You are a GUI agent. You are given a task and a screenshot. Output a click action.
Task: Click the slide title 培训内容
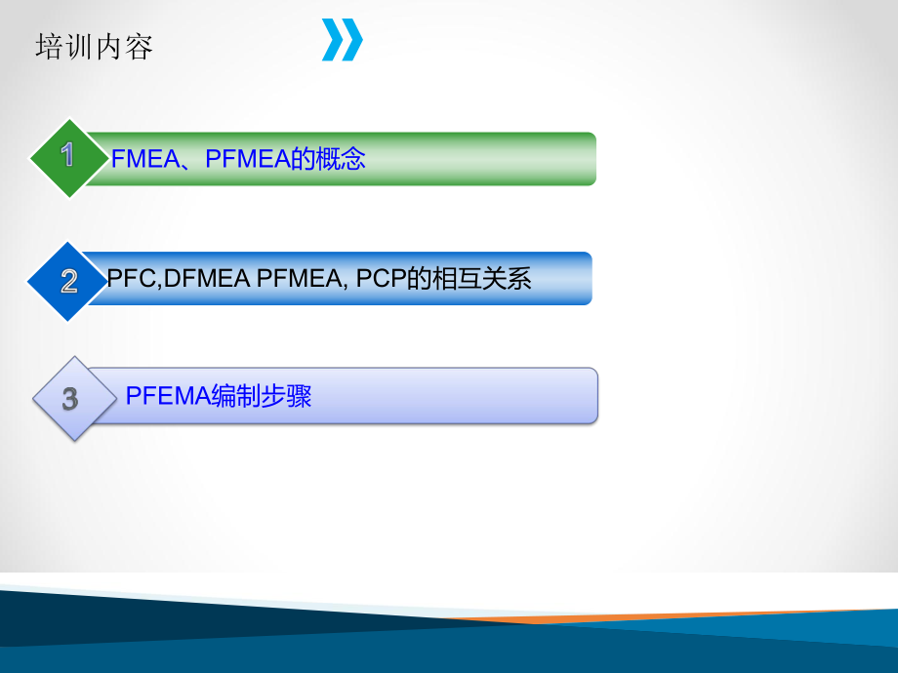click(x=94, y=47)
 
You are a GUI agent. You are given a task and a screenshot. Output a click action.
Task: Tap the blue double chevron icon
click(x=343, y=40)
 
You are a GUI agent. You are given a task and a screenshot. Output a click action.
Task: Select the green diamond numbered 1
click(x=67, y=157)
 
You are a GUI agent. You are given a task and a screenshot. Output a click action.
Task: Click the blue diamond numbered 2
click(x=68, y=281)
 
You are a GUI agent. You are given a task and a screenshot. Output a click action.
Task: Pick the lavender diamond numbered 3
click(x=69, y=398)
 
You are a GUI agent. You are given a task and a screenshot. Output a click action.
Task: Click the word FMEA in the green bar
click(x=143, y=159)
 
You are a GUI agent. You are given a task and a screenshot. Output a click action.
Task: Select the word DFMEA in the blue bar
click(x=206, y=279)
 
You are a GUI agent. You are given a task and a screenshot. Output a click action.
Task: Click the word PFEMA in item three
click(x=167, y=396)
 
